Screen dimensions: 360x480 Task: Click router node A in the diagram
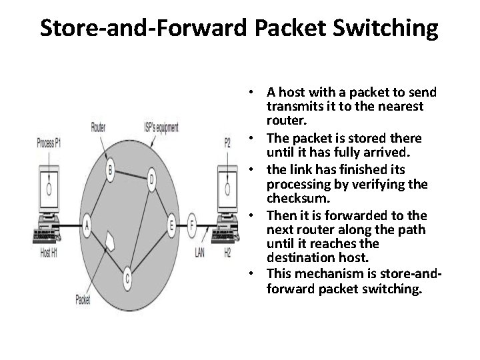click(x=86, y=225)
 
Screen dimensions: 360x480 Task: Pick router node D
click(x=152, y=179)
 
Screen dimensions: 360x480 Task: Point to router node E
click(x=172, y=226)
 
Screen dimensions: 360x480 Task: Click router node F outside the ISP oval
click(x=193, y=225)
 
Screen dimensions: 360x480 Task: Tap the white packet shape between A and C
click(x=111, y=241)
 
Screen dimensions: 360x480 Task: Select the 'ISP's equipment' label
click(x=161, y=127)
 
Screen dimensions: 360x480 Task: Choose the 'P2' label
click(x=228, y=142)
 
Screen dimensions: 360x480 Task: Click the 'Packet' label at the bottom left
click(x=83, y=299)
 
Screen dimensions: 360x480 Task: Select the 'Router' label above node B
click(x=99, y=127)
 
